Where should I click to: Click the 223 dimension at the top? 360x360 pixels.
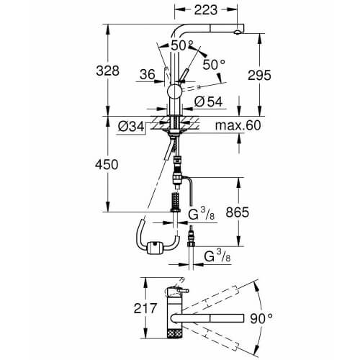206,10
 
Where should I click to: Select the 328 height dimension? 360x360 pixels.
107,71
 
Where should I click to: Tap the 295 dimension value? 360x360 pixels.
259,75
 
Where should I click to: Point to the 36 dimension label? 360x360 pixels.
147,74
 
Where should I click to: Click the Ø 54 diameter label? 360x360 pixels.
208,102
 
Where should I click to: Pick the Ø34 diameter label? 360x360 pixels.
131,127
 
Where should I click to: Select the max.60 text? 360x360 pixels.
238,125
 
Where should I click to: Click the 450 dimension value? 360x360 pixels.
107,165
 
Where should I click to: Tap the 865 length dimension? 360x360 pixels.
238,212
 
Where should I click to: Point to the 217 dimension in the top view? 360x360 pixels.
145,308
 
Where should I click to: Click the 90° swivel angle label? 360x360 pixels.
261,318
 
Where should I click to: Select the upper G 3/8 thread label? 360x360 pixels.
201,214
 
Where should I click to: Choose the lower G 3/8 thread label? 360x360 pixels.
217,256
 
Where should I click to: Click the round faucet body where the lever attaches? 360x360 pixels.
175,91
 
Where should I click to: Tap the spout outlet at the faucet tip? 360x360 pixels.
237,32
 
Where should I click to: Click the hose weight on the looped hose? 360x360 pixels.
154,248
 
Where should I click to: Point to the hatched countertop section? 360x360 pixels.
175,123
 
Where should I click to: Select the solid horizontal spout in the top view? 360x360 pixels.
207,318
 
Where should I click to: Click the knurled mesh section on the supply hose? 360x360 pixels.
176,200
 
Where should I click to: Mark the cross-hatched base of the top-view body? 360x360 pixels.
175,333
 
